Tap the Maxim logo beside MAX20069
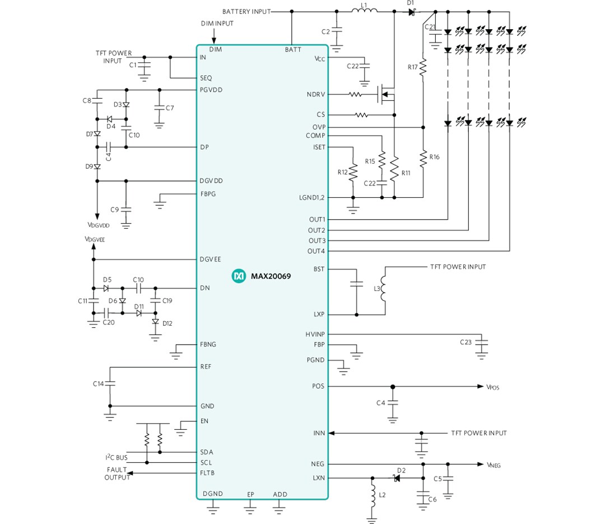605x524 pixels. (x=239, y=276)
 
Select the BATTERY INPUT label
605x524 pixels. (x=246, y=11)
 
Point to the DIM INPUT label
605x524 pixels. (x=217, y=24)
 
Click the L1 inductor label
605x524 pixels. (x=364, y=4)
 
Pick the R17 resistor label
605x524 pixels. (x=413, y=67)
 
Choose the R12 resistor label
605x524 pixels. (x=342, y=172)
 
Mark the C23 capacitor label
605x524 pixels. (x=466, y=342)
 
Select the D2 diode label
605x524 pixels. (x=401, y=470)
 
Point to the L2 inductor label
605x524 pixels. (x=382, y=495)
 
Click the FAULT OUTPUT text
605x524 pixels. (x=117, y=474)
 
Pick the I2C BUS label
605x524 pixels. (x=116, y=458)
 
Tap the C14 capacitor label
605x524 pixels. (x=99, y=384)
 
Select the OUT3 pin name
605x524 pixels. (x=317, y=240)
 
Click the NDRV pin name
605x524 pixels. (x=315, y=94)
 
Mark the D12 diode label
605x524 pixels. (x=167, y=323)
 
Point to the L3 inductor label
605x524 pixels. (x=376, y=289)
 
